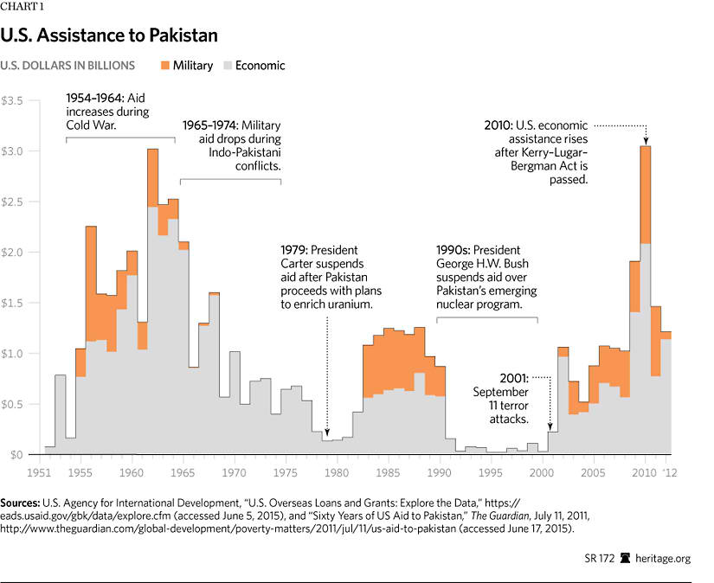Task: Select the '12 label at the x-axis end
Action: [670, 472]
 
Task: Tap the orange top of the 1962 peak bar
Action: [152, 177]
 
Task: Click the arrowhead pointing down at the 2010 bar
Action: [646, 141]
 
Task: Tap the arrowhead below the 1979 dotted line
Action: [327, 426]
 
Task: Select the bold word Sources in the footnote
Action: [26, 502]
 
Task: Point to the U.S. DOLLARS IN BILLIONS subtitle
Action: [68, 66]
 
